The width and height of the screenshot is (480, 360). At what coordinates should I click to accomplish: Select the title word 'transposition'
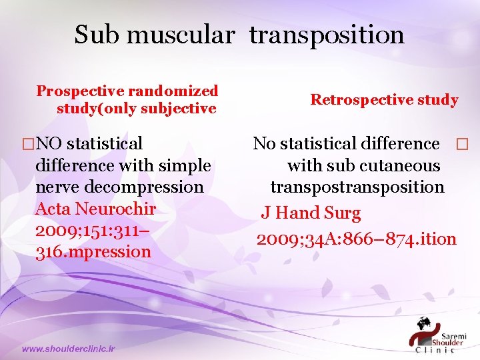pyautogui.click(x=327, y=35)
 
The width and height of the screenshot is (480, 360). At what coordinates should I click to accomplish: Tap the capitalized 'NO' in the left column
pyautogui.click(x=51, y=143)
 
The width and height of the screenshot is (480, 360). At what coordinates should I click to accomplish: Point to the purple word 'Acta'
pyautogui.click(x=52, y=209)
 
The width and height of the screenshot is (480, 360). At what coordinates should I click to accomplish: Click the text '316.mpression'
pyautogui.click(x=93, y=252)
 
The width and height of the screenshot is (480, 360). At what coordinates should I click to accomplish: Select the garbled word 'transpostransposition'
pyautogui.click(x=357, y=187)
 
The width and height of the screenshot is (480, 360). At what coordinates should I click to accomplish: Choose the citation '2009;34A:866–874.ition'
pyautogui.click(x=357, y=238)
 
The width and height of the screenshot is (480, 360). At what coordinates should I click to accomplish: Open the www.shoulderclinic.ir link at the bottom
pyautogui.click(x=68, y=349)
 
